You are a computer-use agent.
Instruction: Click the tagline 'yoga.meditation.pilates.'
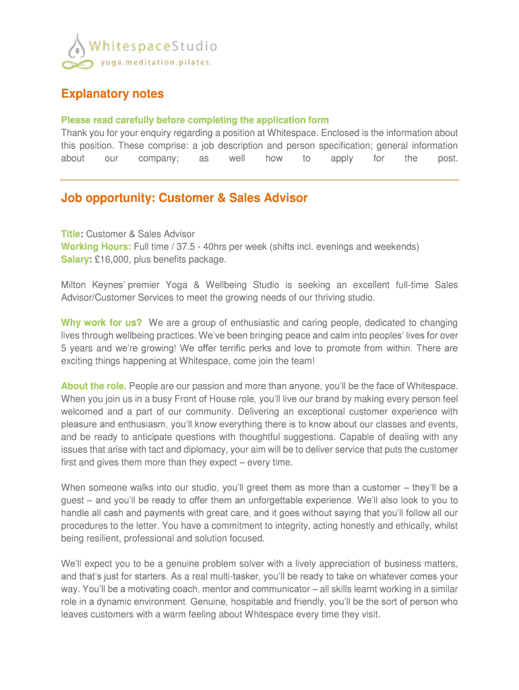point(156,63)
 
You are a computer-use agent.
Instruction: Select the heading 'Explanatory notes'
point(113,94)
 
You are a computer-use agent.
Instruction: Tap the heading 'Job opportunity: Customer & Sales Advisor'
point(184,198)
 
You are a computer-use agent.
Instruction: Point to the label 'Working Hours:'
point(96,247)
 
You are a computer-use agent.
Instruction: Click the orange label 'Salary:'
point(76,259)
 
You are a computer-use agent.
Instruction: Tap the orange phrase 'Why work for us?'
point(101,323)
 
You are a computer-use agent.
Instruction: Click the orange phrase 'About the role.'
point(94,386)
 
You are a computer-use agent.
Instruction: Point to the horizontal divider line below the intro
point(259,180)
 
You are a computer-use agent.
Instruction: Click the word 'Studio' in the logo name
point(195,46)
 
